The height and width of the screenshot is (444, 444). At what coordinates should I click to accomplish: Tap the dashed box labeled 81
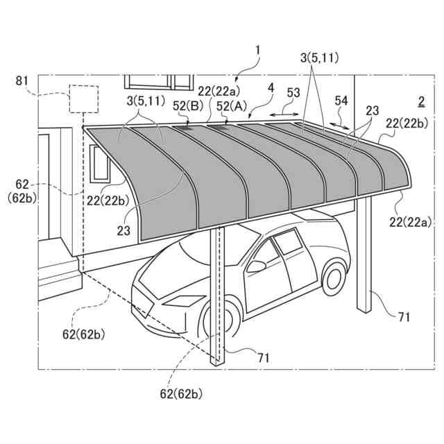pos(83,99)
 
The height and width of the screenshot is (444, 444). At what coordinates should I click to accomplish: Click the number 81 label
pos(22,81)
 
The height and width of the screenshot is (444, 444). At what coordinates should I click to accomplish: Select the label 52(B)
pos(187,106)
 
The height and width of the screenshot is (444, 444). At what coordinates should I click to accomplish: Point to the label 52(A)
pos(231,105)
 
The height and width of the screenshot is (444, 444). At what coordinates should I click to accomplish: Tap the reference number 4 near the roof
pos(271,88)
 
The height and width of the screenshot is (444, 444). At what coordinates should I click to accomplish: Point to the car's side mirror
pos(257,266)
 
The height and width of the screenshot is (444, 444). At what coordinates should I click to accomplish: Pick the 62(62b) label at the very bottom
pos(181,394)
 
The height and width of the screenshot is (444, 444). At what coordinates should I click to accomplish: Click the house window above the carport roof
pos(159,82)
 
